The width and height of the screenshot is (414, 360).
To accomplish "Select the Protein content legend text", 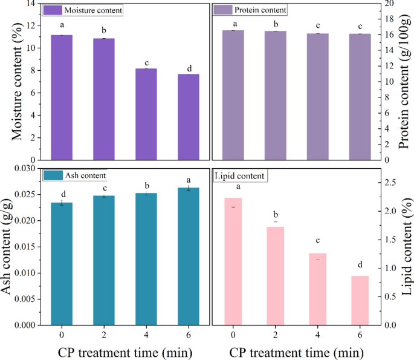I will point(262,10).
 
